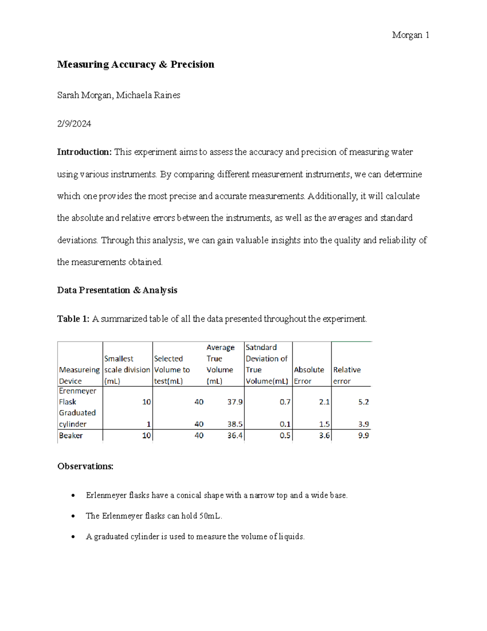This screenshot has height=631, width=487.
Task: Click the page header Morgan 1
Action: coord(410,35)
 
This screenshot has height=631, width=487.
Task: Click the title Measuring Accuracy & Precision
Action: coord(136,65)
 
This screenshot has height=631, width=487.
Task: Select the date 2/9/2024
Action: coord(74,124)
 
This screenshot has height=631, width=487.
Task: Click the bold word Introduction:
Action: coord(84,152)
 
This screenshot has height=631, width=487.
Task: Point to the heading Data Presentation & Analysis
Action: coord(117,290)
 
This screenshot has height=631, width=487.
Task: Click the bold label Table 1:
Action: coord(73,319)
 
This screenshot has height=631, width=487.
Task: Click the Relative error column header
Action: coord(347,375)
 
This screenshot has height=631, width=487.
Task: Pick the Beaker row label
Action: coord(71,436)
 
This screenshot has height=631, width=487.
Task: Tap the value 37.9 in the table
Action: coord(235,402)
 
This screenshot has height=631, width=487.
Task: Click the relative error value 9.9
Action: coord(363,436)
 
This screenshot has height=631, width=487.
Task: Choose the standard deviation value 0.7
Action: coord(285,402)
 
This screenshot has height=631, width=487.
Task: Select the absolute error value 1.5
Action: coord(324,424)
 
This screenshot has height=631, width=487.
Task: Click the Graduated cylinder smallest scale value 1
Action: coord(149,424)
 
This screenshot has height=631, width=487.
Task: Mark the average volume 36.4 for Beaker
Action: coord(235,436)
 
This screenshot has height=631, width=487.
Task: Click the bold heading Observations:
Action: coord(85,466)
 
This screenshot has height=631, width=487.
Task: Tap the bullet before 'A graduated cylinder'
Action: coord(73,537)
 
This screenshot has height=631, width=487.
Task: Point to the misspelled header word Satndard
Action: coord(261,347)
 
